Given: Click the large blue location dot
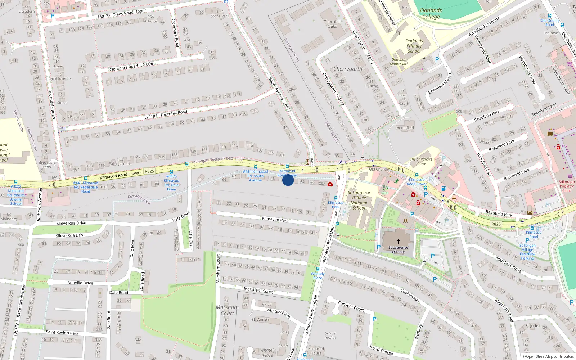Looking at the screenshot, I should [288, 180].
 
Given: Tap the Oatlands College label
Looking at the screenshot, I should [431, 14].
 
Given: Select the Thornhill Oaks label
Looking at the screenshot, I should [332, 24].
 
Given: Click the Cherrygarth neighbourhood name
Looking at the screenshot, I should [348, 69].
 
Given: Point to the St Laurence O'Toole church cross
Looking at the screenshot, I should [399, 242].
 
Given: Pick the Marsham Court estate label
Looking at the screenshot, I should [227, 310].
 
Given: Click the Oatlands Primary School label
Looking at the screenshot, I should [414, 46].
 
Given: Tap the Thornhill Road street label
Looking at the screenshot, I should [174, 113].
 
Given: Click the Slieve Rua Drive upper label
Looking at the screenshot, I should [71, 223].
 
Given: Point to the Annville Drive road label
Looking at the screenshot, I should [80, 283].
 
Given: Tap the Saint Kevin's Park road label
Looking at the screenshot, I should [62, 332].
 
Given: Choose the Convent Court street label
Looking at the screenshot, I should [351, 306].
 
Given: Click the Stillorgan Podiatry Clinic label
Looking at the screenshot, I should [567, 186].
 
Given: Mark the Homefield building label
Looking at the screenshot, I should [405, 128].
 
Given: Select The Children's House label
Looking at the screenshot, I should [421, 161].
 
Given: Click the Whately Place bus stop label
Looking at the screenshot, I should [318, 276].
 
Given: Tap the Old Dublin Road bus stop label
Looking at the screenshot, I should [550, 22].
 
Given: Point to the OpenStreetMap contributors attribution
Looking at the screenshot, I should [548, 356].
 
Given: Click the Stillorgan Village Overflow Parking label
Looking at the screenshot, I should [527, 252].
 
